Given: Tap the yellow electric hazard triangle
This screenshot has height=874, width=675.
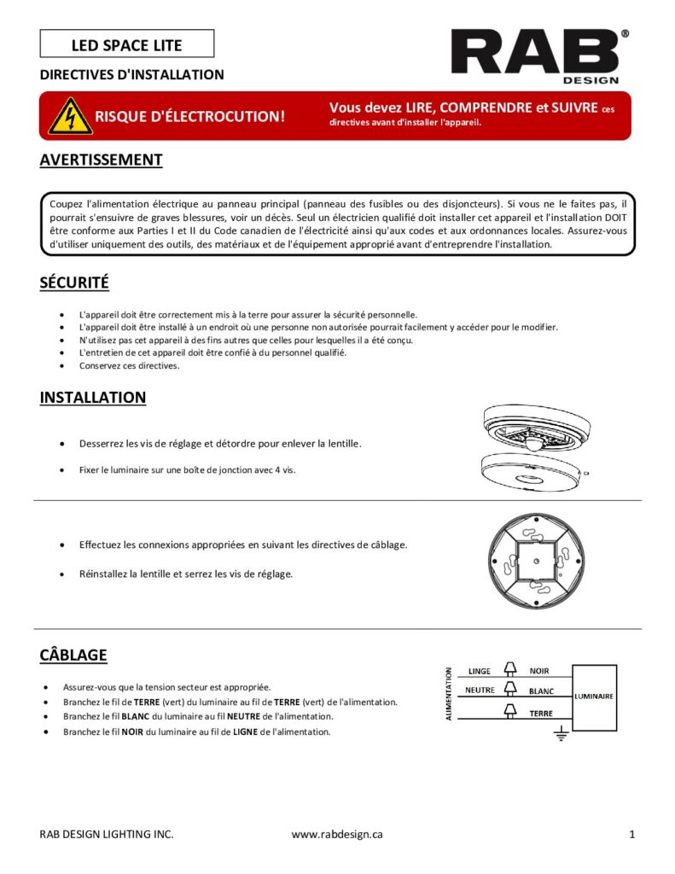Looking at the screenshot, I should [x=70, y=116].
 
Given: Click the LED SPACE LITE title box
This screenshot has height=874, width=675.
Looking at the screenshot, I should [x=126, y=44].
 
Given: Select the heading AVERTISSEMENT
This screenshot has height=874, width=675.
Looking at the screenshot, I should [x=101, y=160].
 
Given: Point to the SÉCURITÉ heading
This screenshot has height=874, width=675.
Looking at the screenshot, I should [x=74, y=283].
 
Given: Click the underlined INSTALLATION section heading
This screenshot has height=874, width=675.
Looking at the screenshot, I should [x=92, y=398].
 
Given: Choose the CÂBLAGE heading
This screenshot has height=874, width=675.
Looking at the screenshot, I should [x=73, y=655].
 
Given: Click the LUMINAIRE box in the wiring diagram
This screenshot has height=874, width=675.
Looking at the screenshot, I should [x=593, y=696].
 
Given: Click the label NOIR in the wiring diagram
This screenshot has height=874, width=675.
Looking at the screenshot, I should [x=539, y=671].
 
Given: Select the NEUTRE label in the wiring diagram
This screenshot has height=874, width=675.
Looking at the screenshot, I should [x=480, y=690].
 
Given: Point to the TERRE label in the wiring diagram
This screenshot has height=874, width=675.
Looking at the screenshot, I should [x=541, y=713].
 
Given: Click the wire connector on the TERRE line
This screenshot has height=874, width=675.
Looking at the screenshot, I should [x=511, y=710].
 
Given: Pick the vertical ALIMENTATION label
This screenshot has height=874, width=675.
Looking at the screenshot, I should [x=449, y=694].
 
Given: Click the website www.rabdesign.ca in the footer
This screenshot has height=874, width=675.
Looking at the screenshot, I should [x=337, y=835].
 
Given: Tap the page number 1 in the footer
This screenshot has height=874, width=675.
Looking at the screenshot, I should [x=631, y=835].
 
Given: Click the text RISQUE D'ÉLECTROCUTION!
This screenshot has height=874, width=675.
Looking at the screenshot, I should [x=189, y=116].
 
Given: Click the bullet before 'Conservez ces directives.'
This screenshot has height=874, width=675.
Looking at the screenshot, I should [x=61, y=365].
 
